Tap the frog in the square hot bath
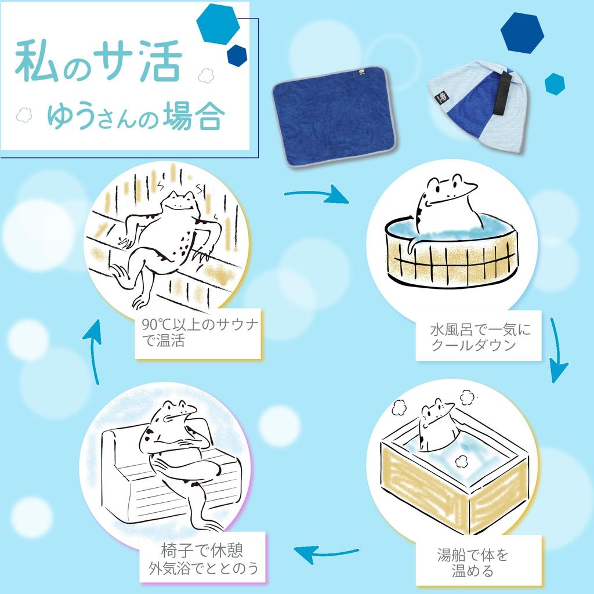coord(436,424)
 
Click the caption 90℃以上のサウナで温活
coord(200,333)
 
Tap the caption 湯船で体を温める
coord(473,563)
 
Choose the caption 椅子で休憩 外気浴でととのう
coord(203,559)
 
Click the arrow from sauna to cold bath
coord(317,194)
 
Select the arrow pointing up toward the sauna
coord(93,352)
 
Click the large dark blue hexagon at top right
coord(522,33)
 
